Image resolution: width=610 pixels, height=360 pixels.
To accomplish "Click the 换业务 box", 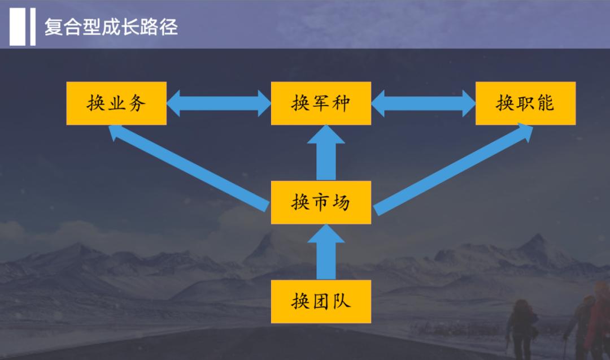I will coord(116,103).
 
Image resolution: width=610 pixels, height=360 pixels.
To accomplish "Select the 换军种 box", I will coord(321,103).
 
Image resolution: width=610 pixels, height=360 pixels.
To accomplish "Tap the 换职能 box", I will coord(525,103).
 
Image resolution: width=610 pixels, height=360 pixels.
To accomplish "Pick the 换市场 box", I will coord(321,202).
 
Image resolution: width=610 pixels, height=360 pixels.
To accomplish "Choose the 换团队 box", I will coord(321,301).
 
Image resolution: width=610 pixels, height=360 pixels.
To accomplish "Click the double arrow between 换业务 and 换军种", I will coord(219,103).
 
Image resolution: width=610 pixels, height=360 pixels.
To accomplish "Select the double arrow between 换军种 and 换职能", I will coord(423,103).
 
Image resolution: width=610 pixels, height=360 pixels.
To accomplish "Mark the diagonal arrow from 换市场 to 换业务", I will coord(189,167).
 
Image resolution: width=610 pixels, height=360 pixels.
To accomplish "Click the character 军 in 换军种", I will coord(321,103).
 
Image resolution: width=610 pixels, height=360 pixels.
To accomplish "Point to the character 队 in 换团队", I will coord(341,301).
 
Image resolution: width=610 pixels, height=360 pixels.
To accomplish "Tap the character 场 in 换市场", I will coord(341,202).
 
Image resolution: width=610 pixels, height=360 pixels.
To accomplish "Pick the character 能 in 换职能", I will coord(546,103).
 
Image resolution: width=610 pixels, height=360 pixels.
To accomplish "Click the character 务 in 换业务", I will coord(137,103).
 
